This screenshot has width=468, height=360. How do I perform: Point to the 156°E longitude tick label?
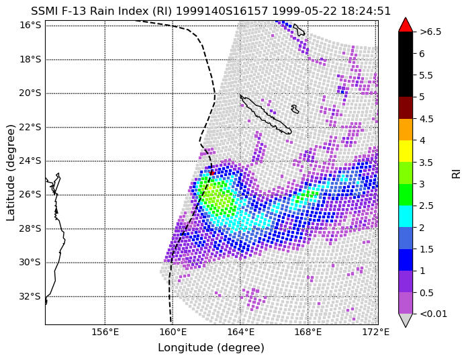[x=105, y=332]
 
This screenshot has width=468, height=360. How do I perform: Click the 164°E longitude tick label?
[x=240, y=332]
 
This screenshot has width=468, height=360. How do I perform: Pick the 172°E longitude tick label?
[x=376, y=332]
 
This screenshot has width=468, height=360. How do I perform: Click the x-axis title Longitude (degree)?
[x=211, y=348]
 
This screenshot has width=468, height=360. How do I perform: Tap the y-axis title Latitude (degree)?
[x=11, y=173]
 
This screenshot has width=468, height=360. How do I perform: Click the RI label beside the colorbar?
[x=457, y=173]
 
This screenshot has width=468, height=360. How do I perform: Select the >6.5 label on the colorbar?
[x=430, y=32]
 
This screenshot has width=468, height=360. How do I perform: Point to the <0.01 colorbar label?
[x=433, y=314]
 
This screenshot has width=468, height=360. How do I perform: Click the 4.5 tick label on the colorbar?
[x=426, y=119]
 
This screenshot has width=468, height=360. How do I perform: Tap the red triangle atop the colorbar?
[x=406, y=25]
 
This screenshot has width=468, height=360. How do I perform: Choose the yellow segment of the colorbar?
[x=406, y=151]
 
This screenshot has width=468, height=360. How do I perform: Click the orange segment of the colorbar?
[x=406, y=130]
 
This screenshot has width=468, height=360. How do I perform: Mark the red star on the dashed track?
[x=212, y=173]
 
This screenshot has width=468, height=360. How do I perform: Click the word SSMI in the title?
[x=42, y=11]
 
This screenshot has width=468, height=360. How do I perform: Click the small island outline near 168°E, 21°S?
[x=295, y=109]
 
